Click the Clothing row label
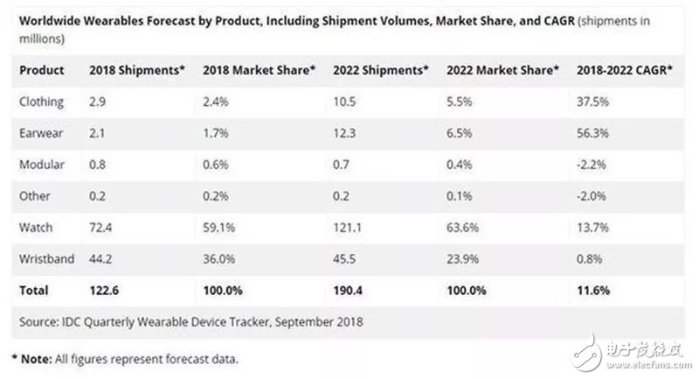pyautogui.click(x=41, y=102)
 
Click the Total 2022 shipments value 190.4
pyautogui.click(x=349, y=290)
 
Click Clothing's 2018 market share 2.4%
pyautogui.click(x=216, y=102)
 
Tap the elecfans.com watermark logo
pyautogui.click(x=628, y=351)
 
